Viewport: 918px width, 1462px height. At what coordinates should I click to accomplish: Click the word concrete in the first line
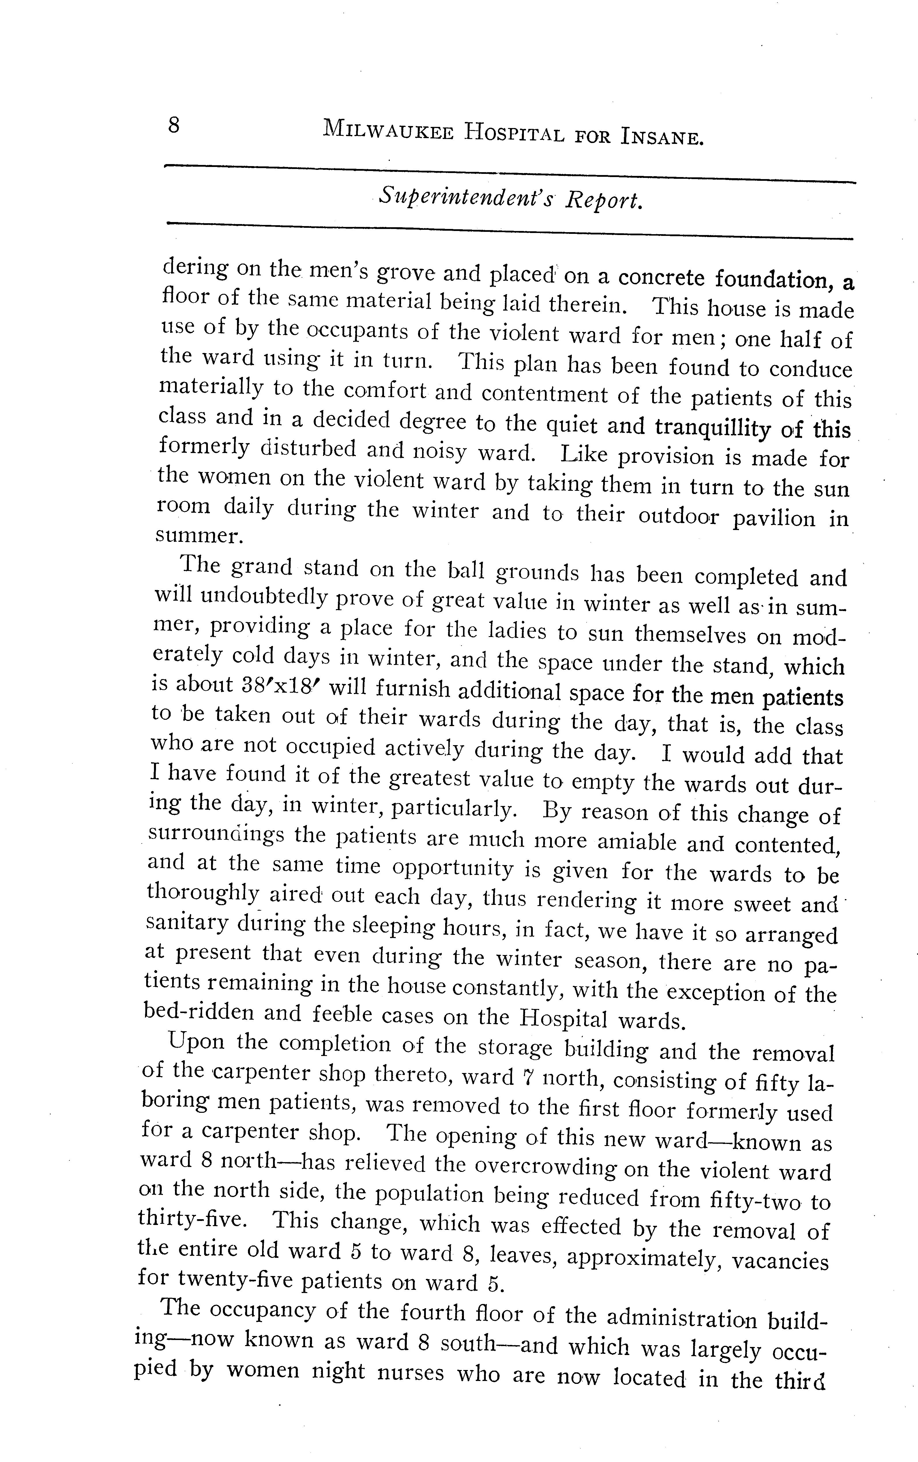coord(661,277)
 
